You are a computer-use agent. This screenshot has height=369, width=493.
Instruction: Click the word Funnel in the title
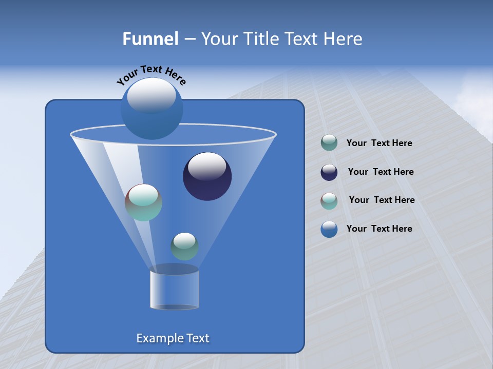click(x=150, y=39)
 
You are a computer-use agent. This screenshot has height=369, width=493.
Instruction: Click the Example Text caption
click(x=173, y=338)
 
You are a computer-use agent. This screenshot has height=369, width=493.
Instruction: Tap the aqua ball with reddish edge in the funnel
click(x=143, y=202)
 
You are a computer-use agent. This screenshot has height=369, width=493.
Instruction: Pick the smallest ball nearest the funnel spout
click(x=184, y=246)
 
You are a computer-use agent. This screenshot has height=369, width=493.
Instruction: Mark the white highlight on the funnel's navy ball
click(x=207, y=166)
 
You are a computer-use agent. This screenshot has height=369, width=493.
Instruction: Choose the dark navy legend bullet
click(x=329, y=172)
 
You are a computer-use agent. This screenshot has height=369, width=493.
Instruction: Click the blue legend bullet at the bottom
click(x=329, y=229)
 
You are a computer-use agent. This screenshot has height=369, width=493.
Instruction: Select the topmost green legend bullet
click(x=329, y=143)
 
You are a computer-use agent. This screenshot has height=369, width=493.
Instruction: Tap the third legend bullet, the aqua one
click(x=329, y=201)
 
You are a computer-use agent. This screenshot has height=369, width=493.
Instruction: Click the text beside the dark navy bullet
click(x=381, y=172)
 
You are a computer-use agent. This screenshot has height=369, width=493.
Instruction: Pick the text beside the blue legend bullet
click(x=379, y=229)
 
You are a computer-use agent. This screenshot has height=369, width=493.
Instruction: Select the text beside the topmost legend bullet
click(x=379, y=143)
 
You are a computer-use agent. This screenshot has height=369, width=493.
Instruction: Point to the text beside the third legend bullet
click(x=382, y=200)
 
